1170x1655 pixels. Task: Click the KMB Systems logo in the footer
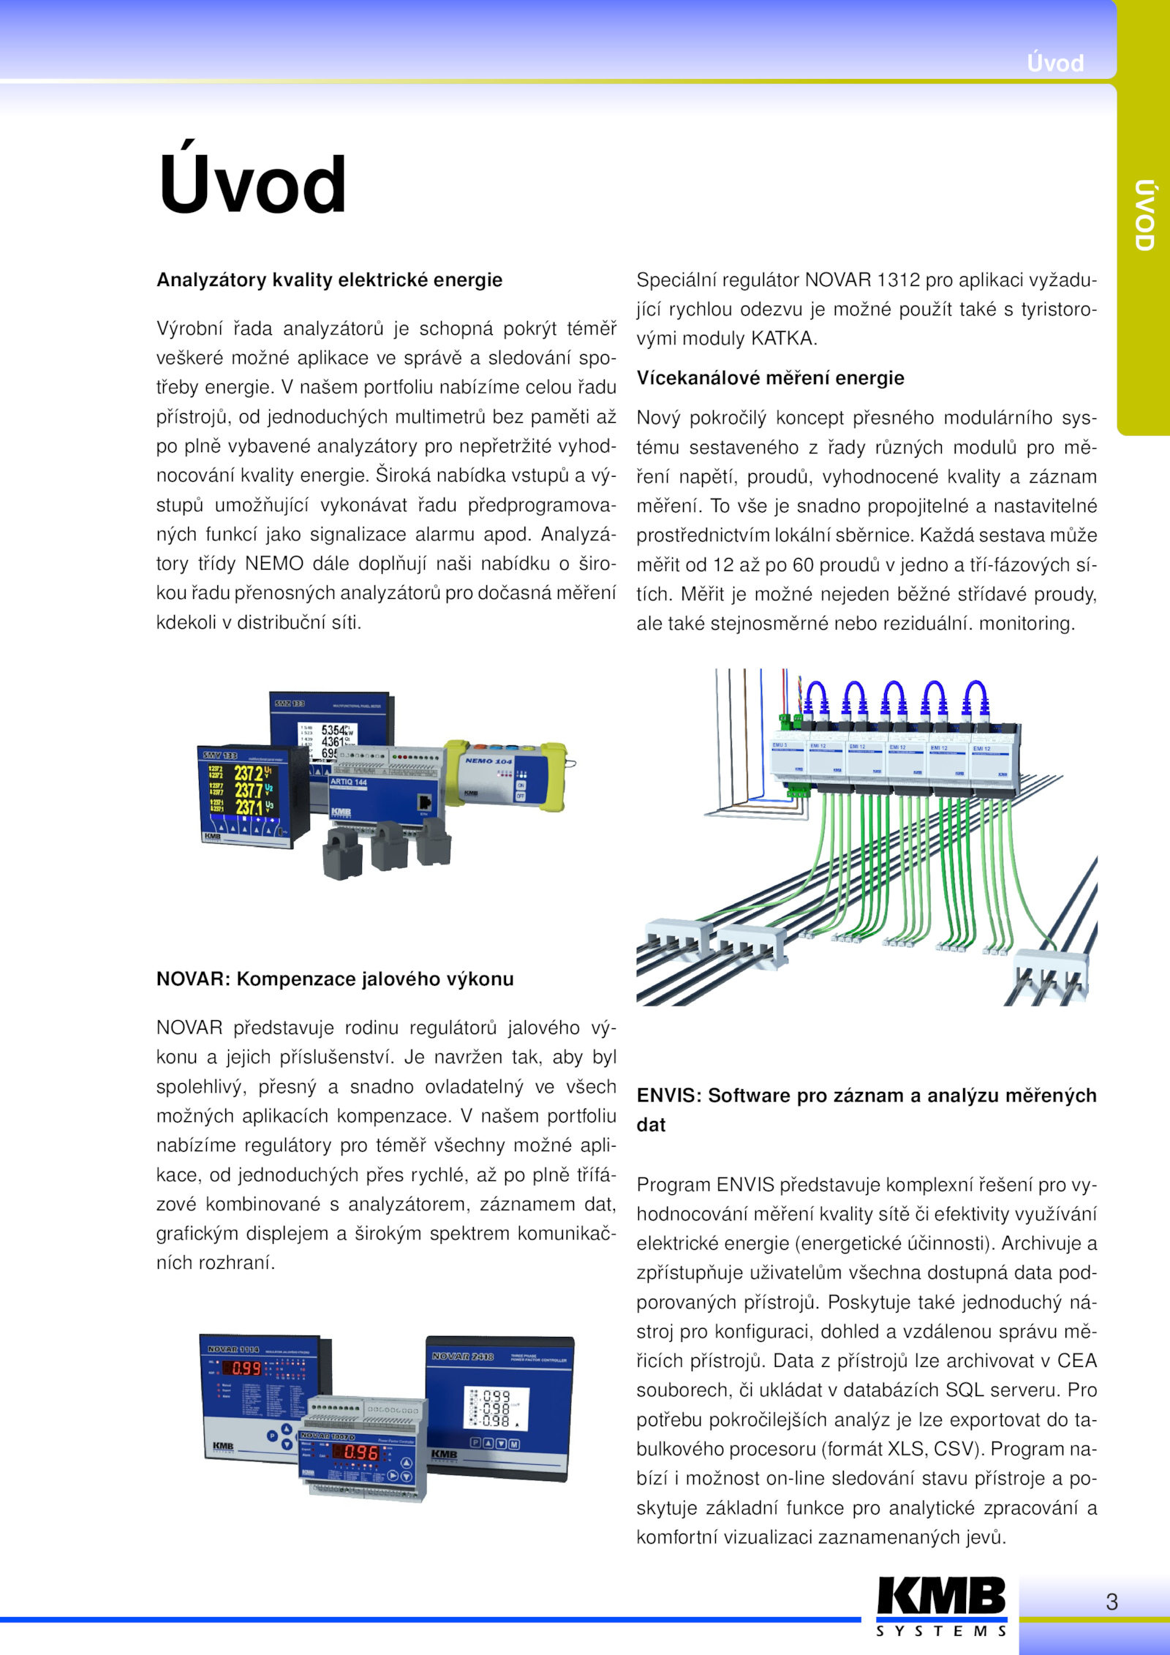941,1605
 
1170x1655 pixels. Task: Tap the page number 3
1111,1602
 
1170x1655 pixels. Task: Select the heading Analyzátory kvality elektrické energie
329,280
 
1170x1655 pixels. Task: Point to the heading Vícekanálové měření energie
770,378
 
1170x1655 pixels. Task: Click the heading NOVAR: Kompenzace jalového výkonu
335,979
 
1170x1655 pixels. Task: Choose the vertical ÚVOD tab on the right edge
1144,216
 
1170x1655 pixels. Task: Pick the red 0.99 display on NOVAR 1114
246,1368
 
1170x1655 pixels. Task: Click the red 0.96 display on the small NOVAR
361,1452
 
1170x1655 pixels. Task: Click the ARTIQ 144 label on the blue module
349,782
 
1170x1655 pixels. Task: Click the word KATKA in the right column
782,339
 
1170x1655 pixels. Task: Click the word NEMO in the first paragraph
273,564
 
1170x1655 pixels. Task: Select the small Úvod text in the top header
1055,64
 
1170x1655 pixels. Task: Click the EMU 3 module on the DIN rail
788,761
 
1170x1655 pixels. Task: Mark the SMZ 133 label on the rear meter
290,704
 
